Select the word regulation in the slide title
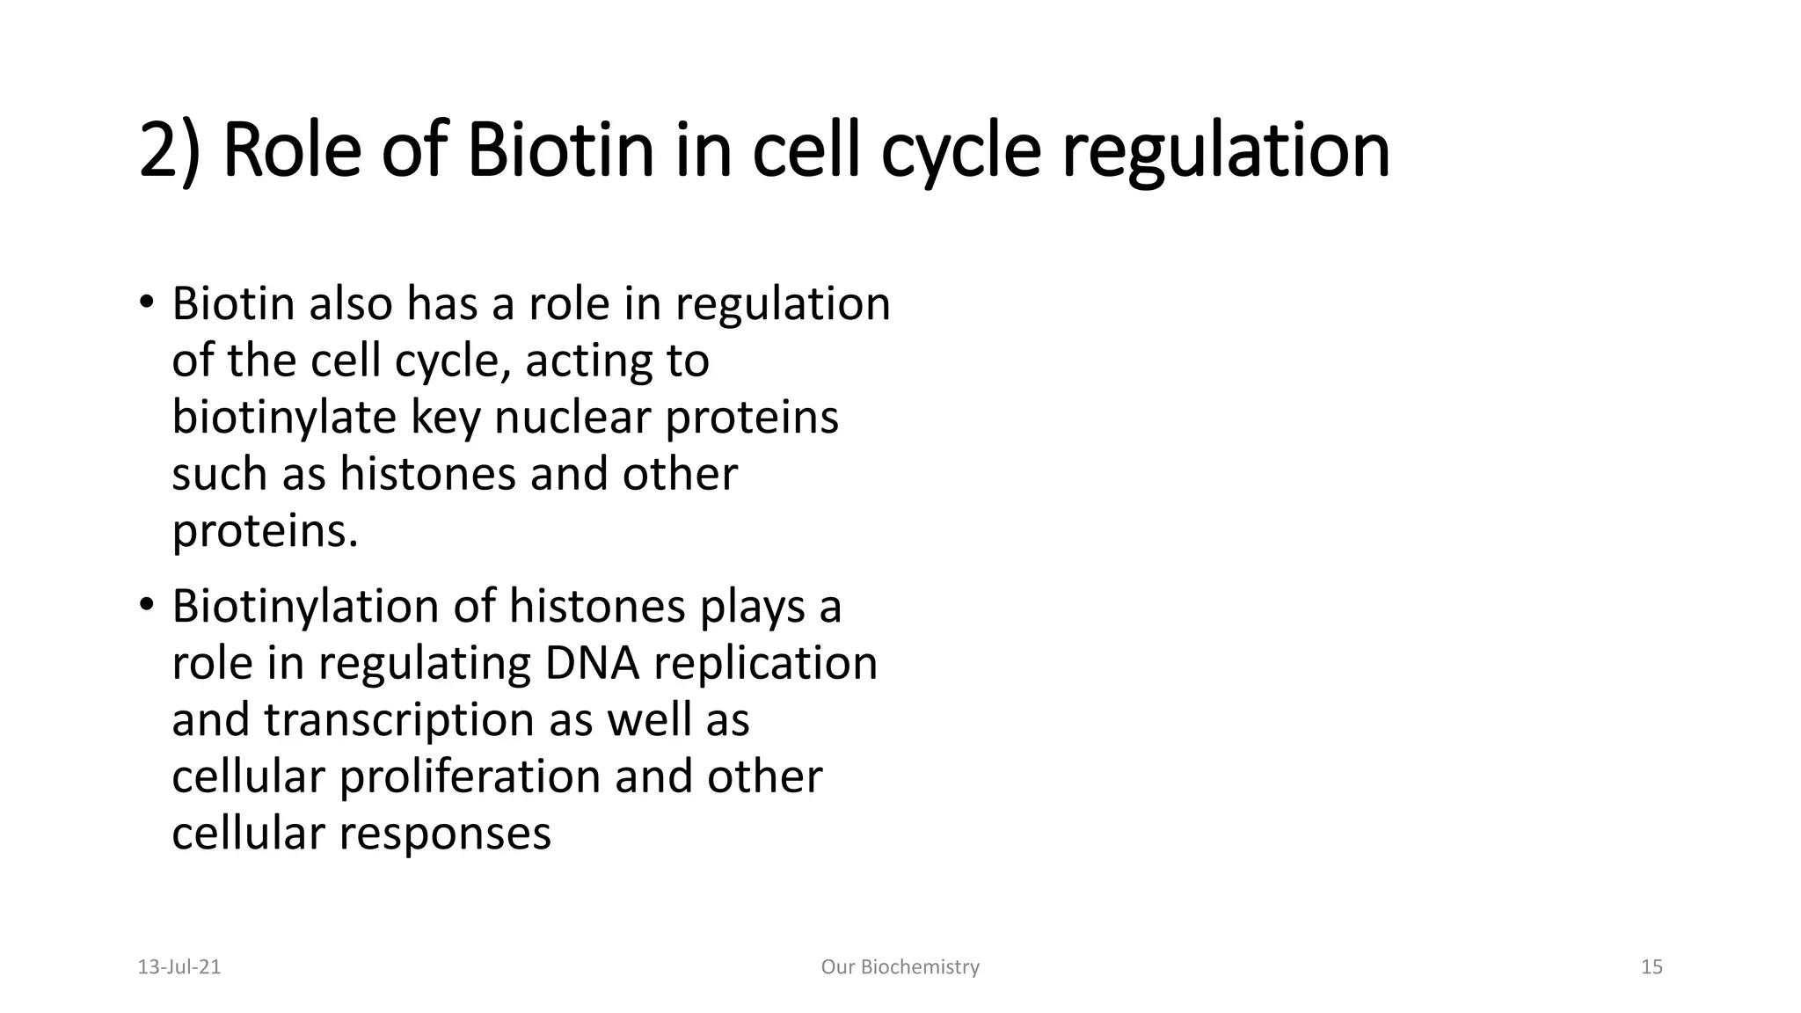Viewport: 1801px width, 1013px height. pos(1226,151)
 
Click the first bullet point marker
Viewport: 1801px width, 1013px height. pos(146,302)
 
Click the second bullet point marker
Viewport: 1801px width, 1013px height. pos(146,605)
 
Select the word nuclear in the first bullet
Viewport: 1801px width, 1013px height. pos(572,417)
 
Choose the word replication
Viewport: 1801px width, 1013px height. pos(765,663)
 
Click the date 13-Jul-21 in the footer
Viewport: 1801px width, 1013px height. pos(179,967)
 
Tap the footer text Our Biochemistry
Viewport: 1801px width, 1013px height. pos(900,967)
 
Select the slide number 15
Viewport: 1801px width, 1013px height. pos(1652,967)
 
